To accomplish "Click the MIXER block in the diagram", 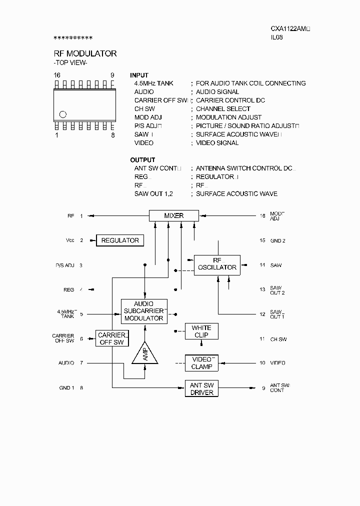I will point(174,216).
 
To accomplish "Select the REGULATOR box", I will point(120,240).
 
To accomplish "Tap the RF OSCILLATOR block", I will point(217,264).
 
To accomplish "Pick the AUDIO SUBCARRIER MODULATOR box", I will point(144,311).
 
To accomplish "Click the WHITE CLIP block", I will point(201,331).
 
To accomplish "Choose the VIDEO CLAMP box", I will point(201,363).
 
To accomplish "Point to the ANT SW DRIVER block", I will point(201,388).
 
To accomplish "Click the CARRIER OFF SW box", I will point(111,338).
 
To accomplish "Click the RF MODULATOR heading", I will point(85,53).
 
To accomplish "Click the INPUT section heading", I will point(139,75).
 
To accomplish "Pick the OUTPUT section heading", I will point(142,160).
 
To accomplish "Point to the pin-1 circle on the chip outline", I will point(63,113).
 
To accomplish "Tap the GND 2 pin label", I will point(278,241).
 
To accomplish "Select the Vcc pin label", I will point(70,240).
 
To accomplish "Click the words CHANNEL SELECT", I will point(223,109).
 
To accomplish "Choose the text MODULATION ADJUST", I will point(228,117).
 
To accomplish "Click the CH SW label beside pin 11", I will point(278,339).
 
